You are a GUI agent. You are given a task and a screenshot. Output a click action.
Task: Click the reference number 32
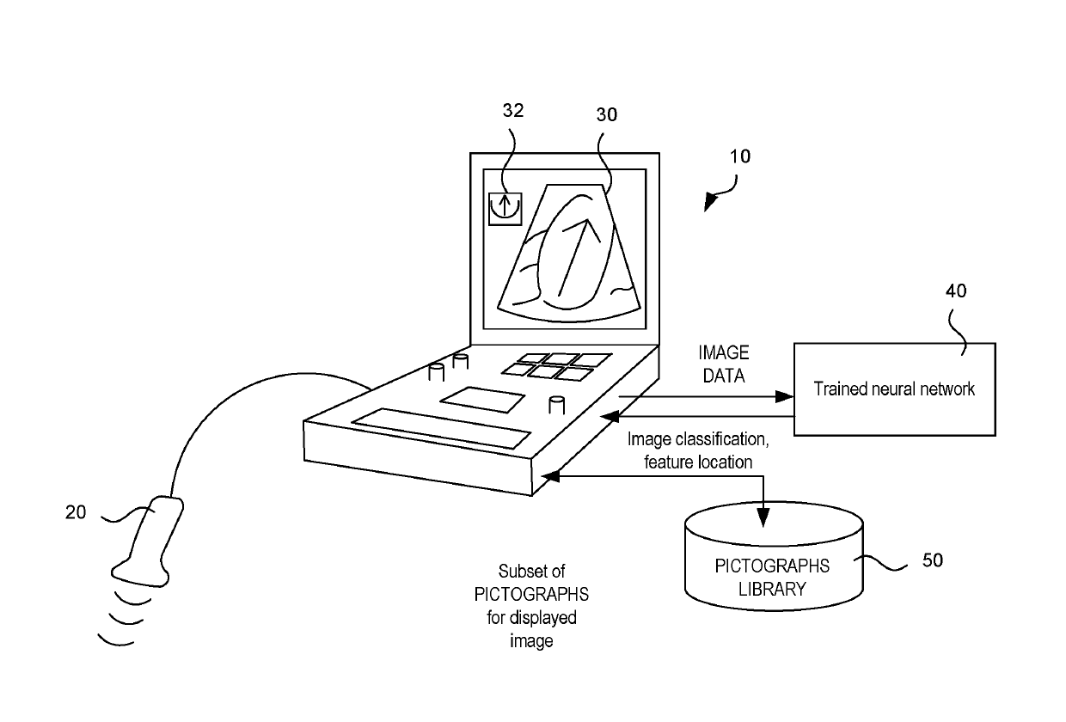513,110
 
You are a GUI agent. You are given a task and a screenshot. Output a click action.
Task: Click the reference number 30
607,114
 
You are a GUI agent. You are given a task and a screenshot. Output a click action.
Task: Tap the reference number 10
739,156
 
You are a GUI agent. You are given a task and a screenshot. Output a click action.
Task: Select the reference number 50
932,560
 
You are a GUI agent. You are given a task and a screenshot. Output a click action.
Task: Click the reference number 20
76,512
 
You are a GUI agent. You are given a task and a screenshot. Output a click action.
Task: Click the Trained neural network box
894,389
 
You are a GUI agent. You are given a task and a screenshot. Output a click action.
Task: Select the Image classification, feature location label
696,450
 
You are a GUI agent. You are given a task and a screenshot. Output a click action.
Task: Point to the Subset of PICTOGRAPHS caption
532,605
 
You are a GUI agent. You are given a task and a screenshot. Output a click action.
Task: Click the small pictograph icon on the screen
505,208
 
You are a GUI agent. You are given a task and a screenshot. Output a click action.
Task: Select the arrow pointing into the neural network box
781,396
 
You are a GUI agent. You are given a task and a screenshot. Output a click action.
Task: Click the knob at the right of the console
556,404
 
